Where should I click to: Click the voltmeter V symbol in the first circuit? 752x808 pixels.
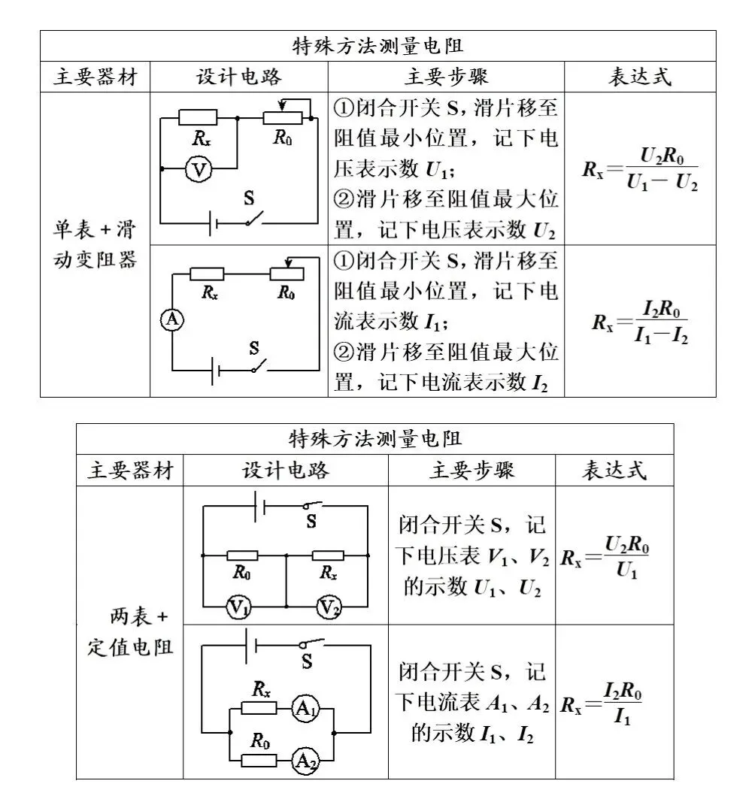199,171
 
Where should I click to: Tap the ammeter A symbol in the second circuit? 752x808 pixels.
171,321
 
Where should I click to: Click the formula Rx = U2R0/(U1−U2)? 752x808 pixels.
640,168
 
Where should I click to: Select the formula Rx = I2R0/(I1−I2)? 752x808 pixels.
640,322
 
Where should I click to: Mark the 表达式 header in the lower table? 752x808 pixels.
614,470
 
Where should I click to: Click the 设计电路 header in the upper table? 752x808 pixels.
239,77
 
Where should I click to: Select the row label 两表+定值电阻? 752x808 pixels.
129,632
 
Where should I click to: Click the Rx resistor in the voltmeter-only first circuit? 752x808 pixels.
199,117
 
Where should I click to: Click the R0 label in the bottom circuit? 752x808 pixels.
260,742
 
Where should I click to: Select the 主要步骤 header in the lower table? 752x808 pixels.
472,470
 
